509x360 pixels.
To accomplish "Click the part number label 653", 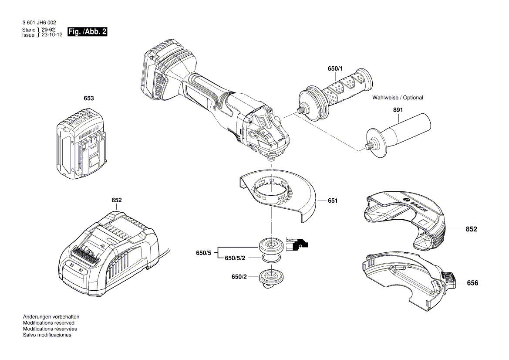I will pyautogui.click(x=88, y=98).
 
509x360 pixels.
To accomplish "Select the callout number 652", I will pyautogui.click(x=116, y=200).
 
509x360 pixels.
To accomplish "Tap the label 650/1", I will pyautogui.click(x=335, y=69).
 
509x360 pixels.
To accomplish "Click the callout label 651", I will pyautogui.click(x=333, y=201).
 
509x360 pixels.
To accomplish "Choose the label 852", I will pyautogui.click(x=472, y=229).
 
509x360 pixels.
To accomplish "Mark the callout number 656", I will pyautogui.click(x=472, y=283).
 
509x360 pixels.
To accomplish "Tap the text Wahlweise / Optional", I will pyautogui.click(x=398, y=98).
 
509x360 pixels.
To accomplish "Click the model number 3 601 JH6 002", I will pyautogui.click(x=38, y=23).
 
